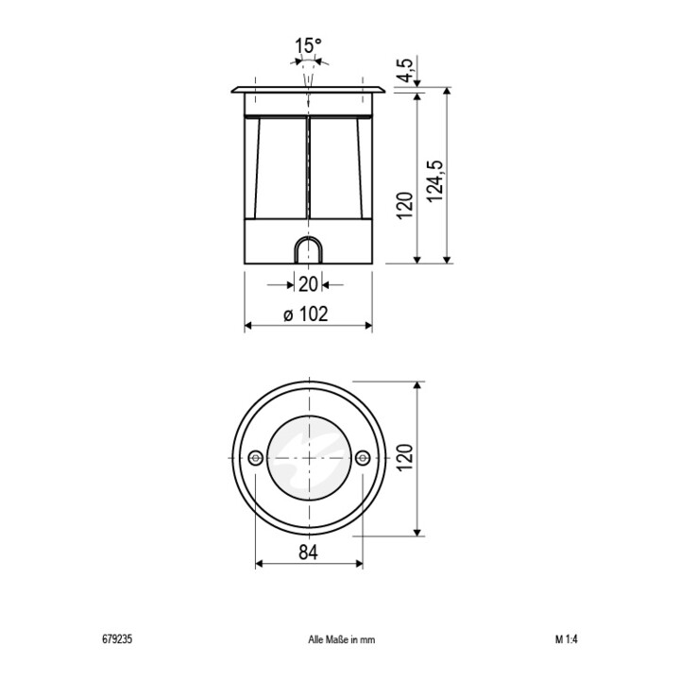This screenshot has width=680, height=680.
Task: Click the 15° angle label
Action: point(308,46)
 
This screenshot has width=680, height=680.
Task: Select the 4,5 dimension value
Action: point(407,70)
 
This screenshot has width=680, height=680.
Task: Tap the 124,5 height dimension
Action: point(435,180)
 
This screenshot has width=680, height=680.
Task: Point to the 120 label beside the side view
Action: point(405,206)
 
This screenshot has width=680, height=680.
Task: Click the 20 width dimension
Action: point(308,284)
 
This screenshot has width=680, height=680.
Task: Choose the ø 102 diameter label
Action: point(306,314)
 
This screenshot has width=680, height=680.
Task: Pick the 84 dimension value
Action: point(308,552)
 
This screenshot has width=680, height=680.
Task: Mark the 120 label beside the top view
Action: point(405,458)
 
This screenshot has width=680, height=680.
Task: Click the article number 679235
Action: point(117,639)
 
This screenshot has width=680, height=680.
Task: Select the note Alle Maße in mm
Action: point(342,639)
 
